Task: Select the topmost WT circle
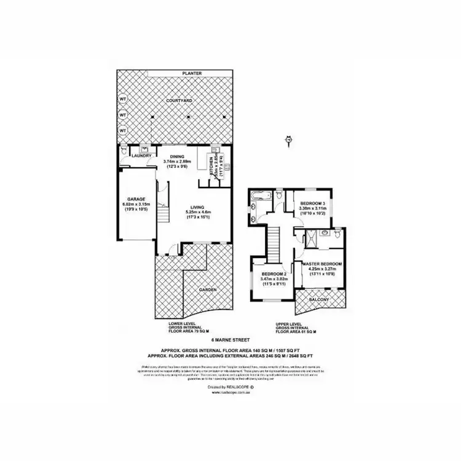122,98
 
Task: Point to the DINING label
178,157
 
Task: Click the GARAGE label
136,200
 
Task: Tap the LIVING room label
197,207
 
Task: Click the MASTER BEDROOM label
323,264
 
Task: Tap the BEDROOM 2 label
275,274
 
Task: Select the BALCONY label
319,299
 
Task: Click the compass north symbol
288,141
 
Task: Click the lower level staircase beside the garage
163,216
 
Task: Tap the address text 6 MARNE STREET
229,339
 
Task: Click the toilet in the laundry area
124,149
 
